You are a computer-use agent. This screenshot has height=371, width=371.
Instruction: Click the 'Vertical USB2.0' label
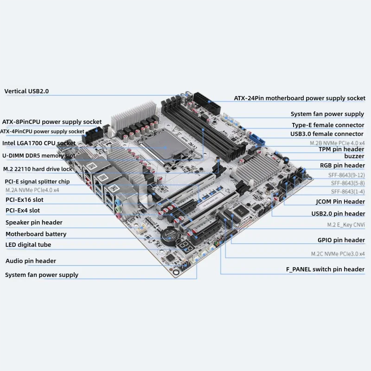click(x=26, y=91)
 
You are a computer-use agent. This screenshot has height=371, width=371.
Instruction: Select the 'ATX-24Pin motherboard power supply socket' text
click(x=299, y=98)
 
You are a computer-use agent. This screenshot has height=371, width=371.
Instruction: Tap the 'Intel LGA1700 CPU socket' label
click(x=39, y=143)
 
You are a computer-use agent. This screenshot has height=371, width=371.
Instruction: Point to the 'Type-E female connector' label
click(x=328, y=125)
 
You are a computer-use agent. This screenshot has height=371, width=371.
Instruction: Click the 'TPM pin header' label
click(x=341, y=149)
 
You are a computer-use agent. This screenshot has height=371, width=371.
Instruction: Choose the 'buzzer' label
click(x=354, y=156)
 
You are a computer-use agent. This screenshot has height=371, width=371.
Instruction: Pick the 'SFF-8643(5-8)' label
click(x=348, y=183)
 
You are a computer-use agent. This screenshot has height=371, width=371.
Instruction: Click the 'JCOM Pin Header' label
click(x=340, y=202)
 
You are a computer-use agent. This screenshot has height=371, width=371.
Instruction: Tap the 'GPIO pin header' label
click(x=341, y=240)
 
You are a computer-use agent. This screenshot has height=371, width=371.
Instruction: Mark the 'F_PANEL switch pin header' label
click(x=325, y=269)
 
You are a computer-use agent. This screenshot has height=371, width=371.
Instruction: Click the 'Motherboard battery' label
click(x=36, y=234)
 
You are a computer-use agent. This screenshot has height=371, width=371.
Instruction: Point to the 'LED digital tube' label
click(x=28, y=245)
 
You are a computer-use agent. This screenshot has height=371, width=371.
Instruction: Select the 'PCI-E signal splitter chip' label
click(x=37, y=181)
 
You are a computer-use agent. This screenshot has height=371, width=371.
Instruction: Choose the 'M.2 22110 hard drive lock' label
click(x=38, y=169)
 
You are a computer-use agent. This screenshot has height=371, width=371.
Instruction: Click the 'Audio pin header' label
click(x=31, y=261)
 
